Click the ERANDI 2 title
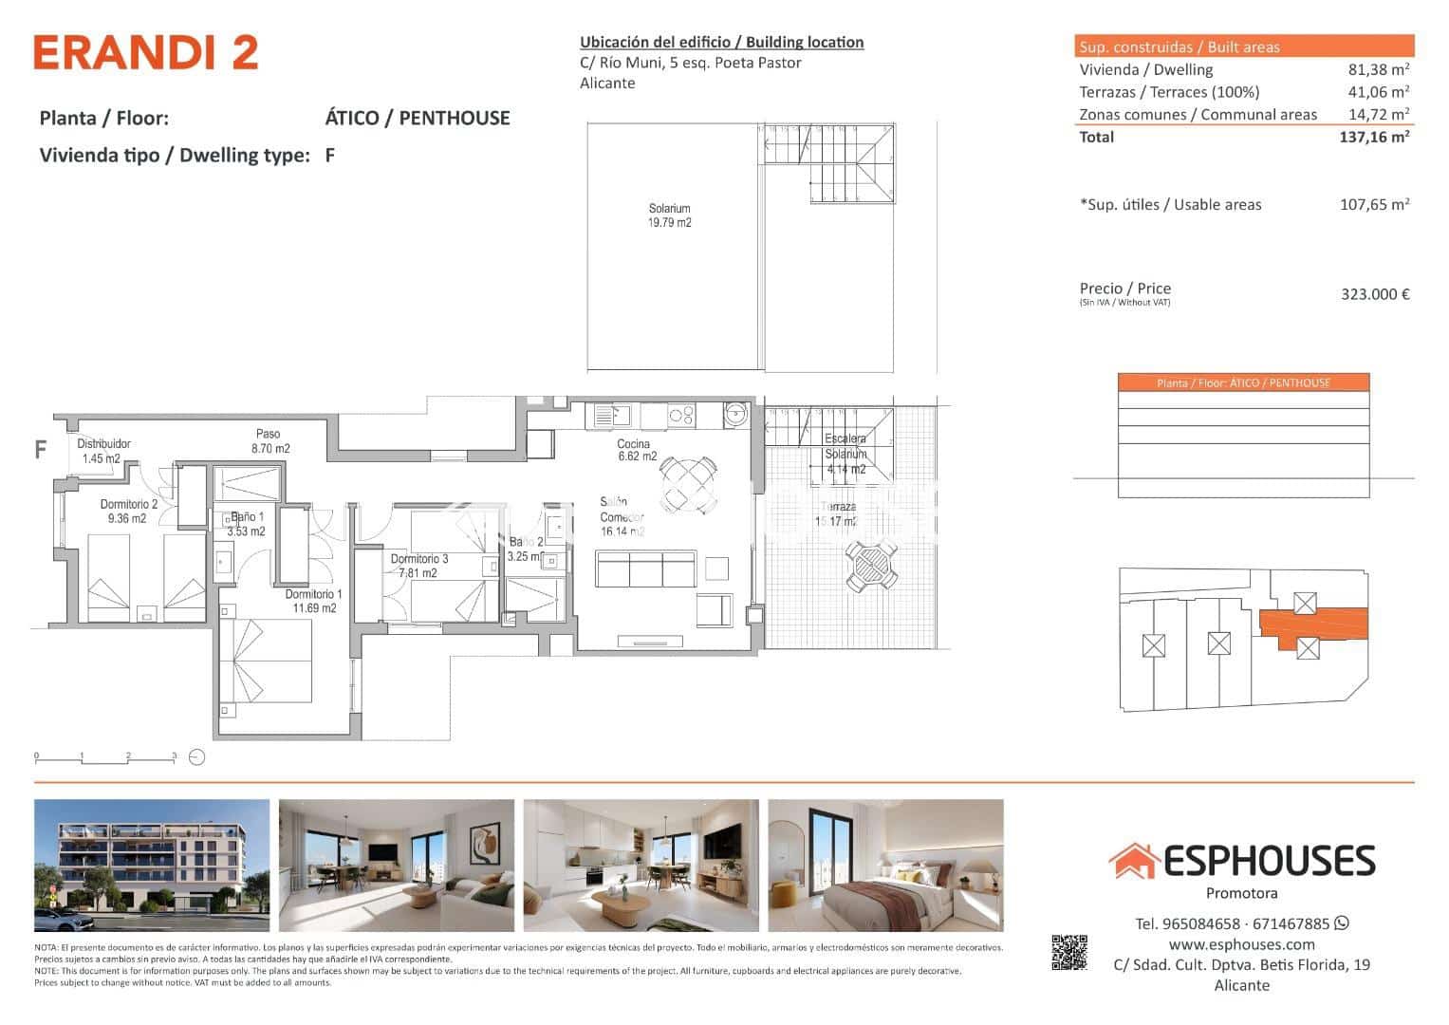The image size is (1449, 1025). (x=146, y=53)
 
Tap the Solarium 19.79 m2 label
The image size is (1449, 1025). (x=669, y=215)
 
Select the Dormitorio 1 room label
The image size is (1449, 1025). (x=314, y=601)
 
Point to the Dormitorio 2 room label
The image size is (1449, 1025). (x=128, y=512)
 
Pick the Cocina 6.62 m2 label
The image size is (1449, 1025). (x=636, y=450)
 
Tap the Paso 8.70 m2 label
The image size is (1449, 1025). (x=269, y=441)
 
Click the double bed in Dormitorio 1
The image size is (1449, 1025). (x=267, y=661)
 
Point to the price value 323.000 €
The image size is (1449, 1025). (x=1374, y=294)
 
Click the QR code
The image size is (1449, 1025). (x=1068, y=953)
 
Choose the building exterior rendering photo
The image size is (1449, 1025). (x=152, y=866)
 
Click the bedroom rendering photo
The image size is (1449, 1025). (x=884, y=866)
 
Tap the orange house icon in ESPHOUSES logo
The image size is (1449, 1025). (x=1133, y=861)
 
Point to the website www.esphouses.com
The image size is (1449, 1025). (x=1241, y=944)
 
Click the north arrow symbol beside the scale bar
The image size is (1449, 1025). (x=196, y=757)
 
